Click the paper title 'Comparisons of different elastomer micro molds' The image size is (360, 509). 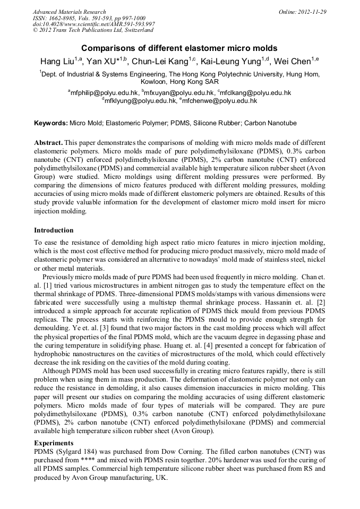[179, 48]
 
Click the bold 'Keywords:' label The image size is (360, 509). [51, 123]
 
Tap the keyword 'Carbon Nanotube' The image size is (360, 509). [271, 123]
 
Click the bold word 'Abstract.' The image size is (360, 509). [49, 143]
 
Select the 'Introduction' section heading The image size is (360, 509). [54, 230]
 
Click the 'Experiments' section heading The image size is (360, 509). [54, 443]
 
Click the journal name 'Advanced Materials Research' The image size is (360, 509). [69, 12]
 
